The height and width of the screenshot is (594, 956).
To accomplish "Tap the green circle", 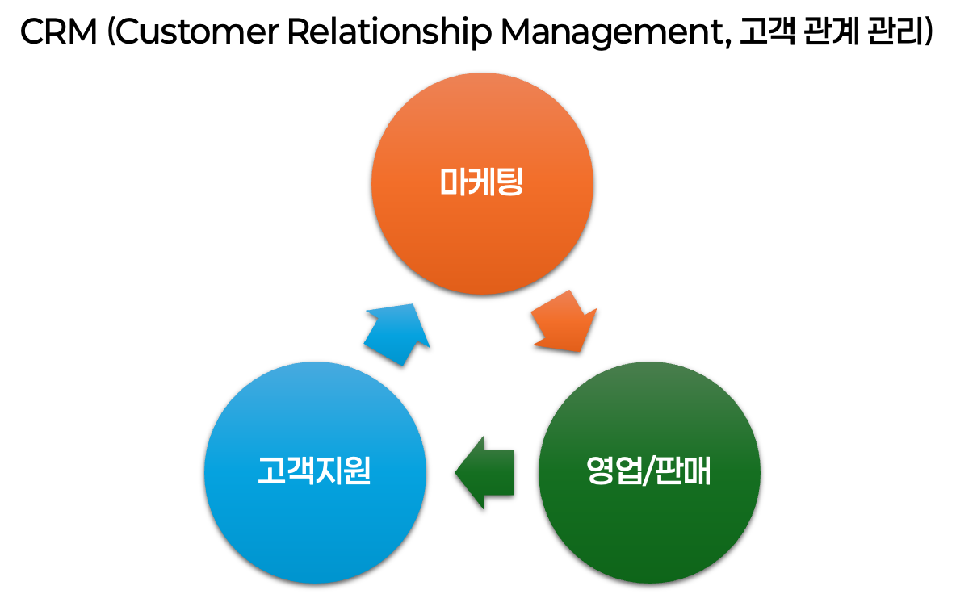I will click(649, 525).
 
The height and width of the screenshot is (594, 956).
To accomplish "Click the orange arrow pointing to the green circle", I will click(564, 323).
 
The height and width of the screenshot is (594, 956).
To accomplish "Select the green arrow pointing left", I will click(486, 472).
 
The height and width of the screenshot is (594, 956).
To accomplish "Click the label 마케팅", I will click(482, 182).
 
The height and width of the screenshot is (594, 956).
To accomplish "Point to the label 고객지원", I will click(314, 471).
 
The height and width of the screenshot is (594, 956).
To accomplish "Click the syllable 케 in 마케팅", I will click(482, 182).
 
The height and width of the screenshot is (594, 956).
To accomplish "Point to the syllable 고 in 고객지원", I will click(271, 471).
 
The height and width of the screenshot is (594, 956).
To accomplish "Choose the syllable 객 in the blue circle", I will click(300, 471).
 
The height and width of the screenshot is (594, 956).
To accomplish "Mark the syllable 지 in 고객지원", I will click(329, 471).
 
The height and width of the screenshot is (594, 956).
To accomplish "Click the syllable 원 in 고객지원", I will click(357, 471).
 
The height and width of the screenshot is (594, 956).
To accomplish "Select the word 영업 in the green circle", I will click(613, 471).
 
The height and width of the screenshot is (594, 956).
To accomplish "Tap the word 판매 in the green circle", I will click(682, 471).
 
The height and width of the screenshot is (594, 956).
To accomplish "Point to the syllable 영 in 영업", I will click(599, 471).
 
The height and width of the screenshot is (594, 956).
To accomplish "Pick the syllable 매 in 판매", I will click(697, 471).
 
